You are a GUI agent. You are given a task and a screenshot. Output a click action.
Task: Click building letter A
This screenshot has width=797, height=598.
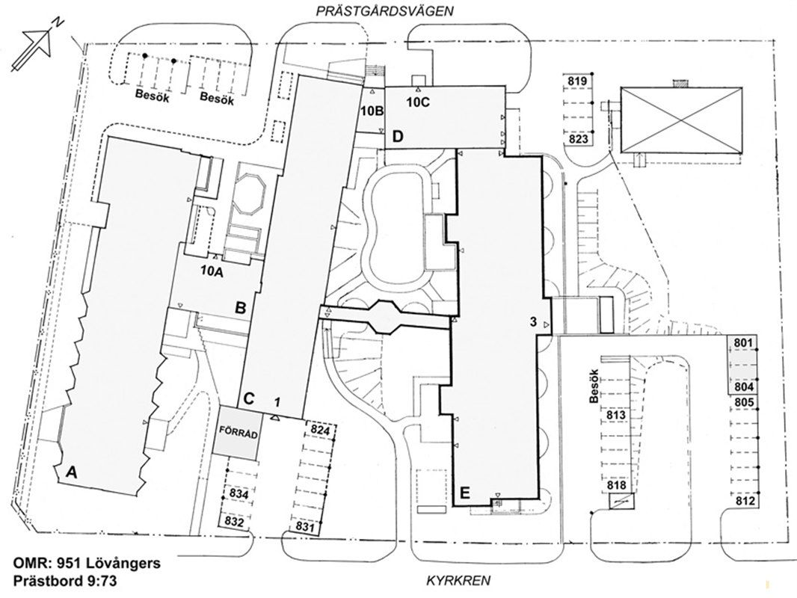tap(72, 472)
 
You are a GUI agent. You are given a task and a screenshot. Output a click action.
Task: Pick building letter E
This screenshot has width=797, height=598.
tap(464, 493)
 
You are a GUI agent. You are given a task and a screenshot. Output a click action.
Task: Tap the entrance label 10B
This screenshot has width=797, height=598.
tap(372, 111)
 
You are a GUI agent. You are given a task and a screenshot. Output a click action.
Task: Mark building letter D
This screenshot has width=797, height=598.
tap(398, 136)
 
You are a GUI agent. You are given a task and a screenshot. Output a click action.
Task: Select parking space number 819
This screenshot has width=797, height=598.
tap(576, 81)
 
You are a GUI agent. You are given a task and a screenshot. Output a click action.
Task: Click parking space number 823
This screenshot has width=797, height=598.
tap(576, 138)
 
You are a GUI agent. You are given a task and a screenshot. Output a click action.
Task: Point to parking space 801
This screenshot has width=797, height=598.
tap(742, 343)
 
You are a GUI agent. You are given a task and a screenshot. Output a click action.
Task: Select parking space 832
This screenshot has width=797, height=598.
tap(235, 522)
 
